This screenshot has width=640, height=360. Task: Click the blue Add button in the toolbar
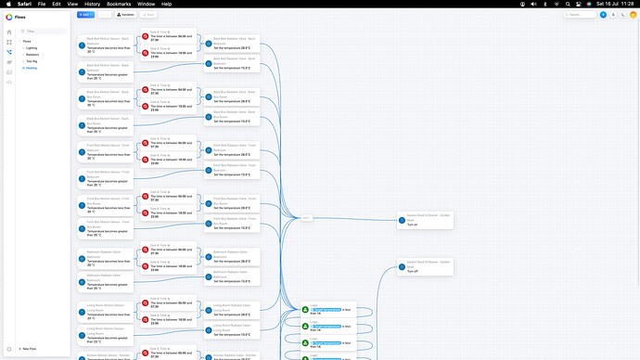coord(84,15)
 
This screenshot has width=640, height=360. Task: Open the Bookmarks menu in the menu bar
coord(119,4)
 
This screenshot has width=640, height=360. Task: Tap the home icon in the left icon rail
coord(9,32)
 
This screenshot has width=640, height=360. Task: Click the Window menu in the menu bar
coord(146,4)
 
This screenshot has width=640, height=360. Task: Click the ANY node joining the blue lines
coord(307,218)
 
